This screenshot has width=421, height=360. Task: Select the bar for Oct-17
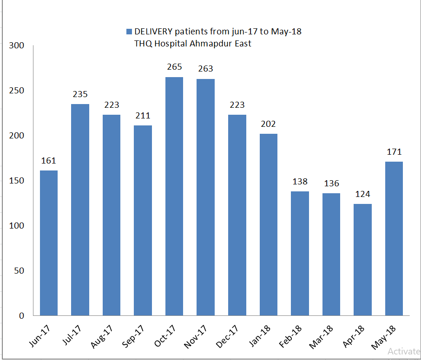174,196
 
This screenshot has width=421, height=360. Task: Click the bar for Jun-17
49,243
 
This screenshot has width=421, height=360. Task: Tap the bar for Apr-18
362,260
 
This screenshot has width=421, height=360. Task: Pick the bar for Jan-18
269,224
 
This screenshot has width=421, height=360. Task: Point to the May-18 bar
394,238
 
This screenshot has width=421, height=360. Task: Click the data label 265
174,67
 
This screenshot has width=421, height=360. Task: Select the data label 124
362,194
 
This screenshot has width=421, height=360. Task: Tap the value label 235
80,94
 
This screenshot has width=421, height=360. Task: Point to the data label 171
394,151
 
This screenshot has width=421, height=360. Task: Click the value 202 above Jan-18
269,124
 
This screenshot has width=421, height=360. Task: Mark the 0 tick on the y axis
21,316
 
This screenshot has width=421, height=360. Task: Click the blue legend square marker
129,32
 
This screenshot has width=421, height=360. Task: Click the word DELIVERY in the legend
153,32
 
